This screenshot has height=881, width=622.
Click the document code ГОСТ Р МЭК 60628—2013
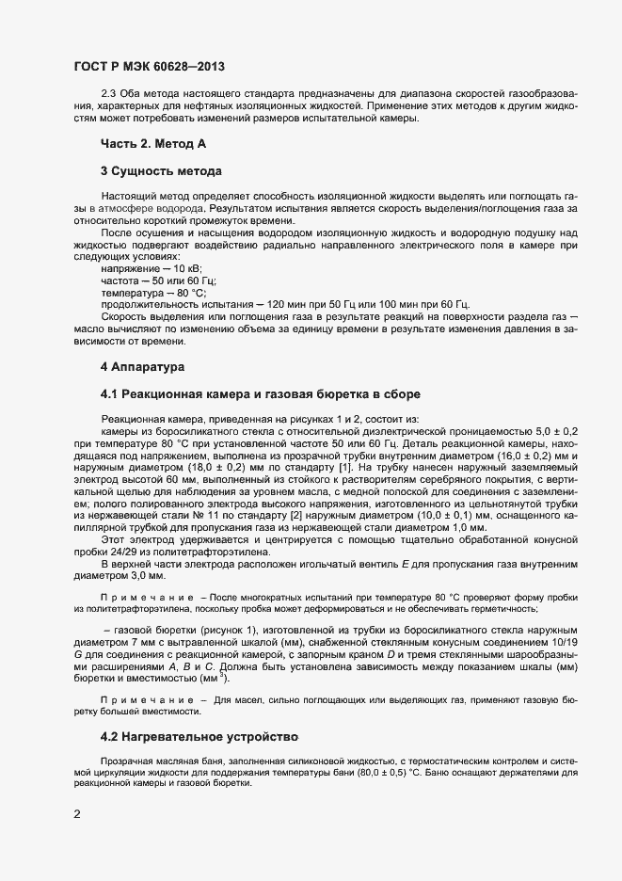click(x=149, y=67)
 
